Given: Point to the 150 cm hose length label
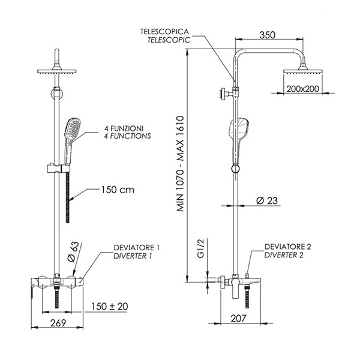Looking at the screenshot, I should pos(117,190).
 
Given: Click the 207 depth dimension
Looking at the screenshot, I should pos(238,318).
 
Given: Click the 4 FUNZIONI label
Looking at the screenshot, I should pos(122,128).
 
